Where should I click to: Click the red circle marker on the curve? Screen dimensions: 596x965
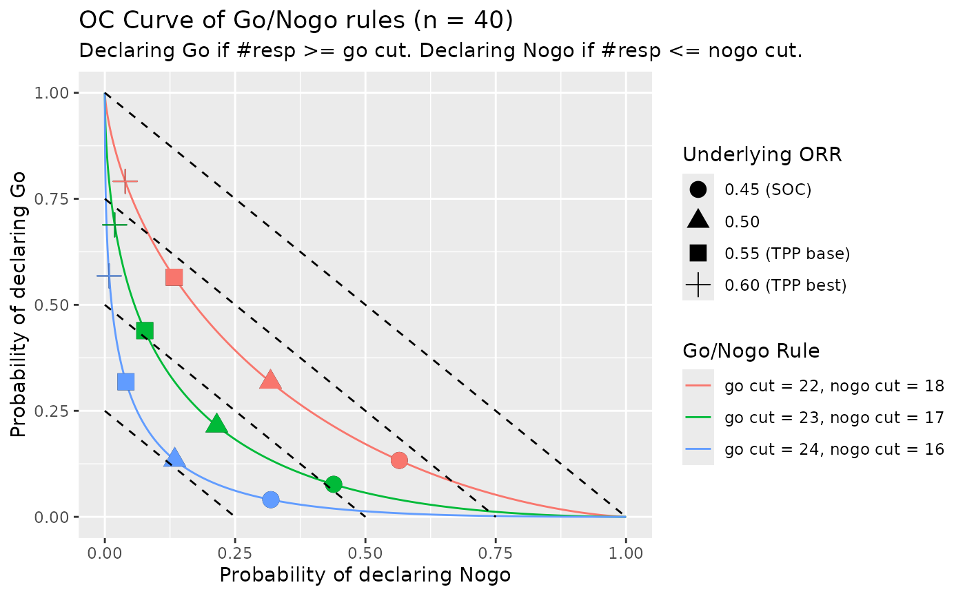[x=399, y=460]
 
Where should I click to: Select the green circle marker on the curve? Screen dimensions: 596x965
[x=334, y=484]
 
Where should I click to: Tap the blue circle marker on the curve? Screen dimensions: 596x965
[x=271, y=500]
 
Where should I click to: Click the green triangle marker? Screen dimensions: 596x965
[x=216, y=424]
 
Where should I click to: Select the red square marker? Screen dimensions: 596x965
[x=174, y=278]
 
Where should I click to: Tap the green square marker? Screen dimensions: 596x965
[x=144, y=331]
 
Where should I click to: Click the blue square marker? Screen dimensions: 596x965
[x=125, y=382]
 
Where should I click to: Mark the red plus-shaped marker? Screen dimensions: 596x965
[x=125, y=181]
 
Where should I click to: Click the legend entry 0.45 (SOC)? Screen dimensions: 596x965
[x=767, y=189]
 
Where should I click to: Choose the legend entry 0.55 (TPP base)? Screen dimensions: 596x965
[x=786, y=254]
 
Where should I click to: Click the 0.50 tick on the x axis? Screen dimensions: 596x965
[x=365, y=554]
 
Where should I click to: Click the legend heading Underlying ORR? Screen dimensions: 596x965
[x=762, y=155]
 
